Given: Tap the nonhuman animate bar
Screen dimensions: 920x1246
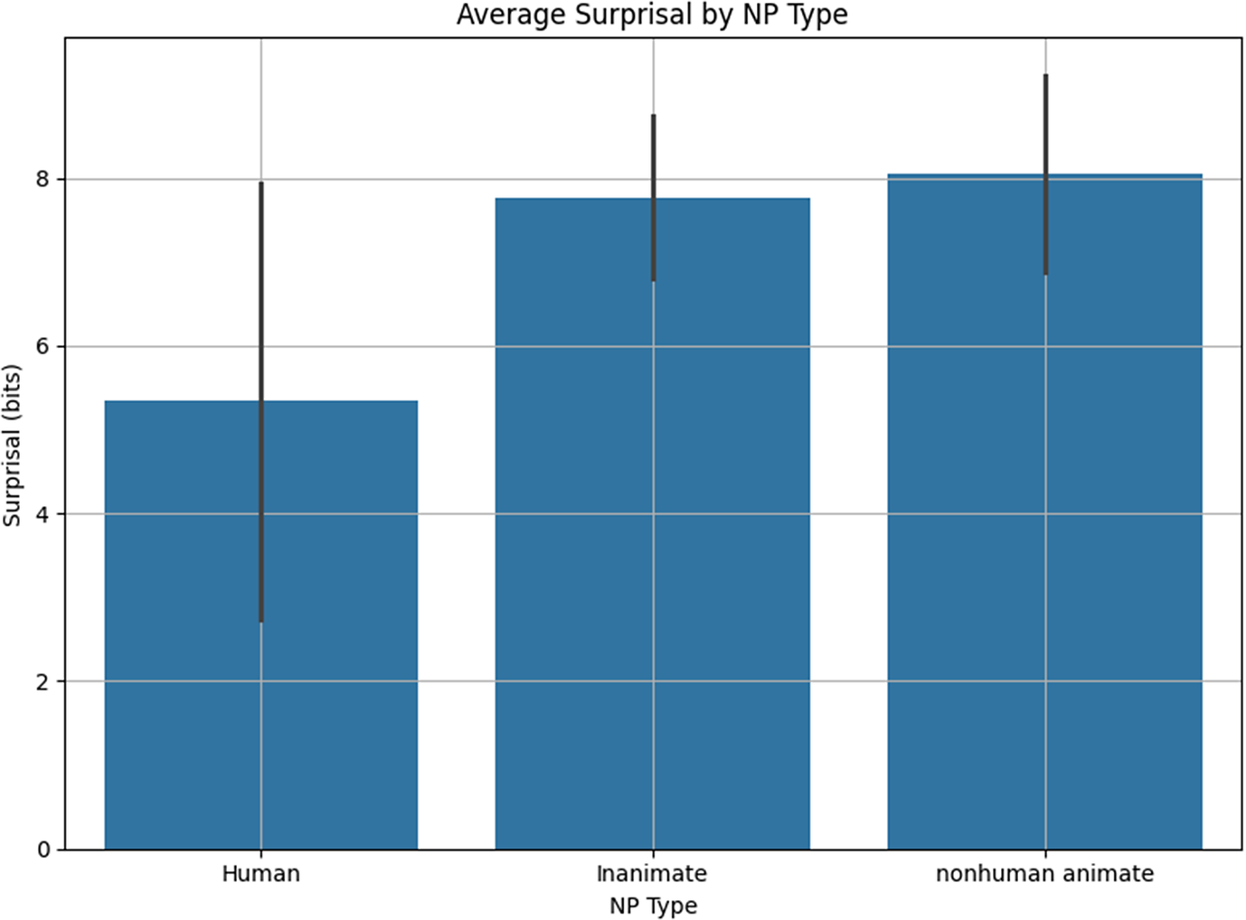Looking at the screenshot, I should click(968, 542).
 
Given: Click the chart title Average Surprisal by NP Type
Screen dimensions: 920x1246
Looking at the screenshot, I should click(652, 15).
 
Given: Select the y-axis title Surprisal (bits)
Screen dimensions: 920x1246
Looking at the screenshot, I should click(12, 445).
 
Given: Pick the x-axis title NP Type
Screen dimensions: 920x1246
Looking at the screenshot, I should click(653, 906).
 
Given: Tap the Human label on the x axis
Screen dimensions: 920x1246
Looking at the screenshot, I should click(260, 874).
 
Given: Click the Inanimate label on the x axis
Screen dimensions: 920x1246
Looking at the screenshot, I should click(652, 874).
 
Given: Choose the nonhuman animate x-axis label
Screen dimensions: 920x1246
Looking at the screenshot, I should click(1044, 874).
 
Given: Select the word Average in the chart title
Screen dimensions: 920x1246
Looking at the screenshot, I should click(502, 15).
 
